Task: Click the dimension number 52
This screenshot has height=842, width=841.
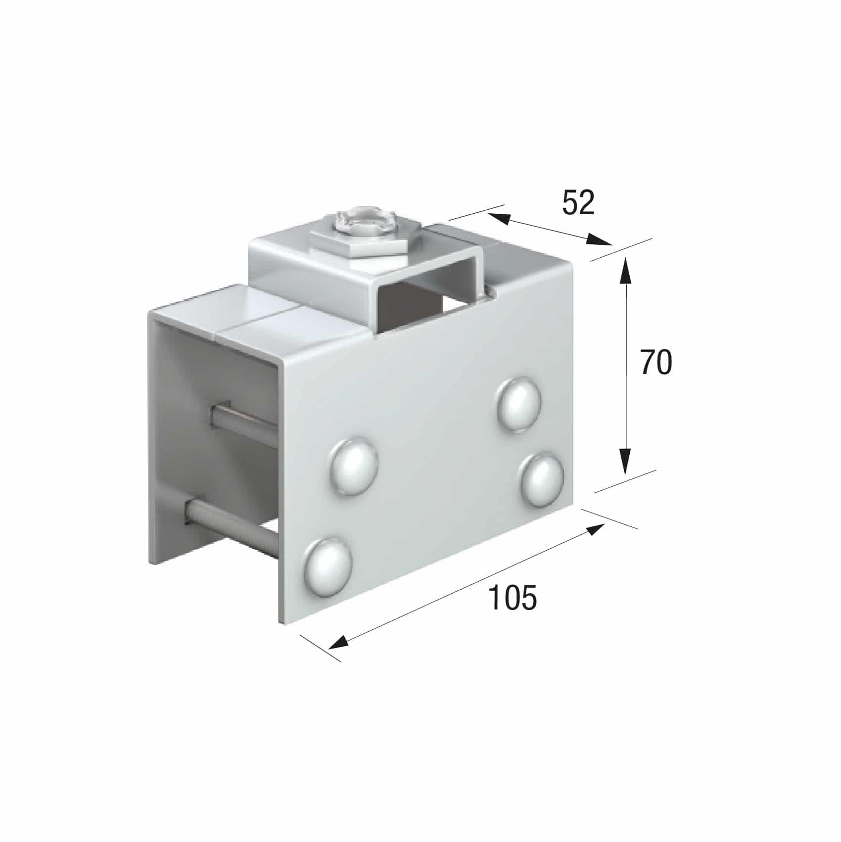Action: [x=577, y=202]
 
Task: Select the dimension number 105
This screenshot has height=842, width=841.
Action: [x=512, y=597]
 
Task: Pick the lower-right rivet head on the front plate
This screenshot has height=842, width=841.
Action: [x=543, y=478]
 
